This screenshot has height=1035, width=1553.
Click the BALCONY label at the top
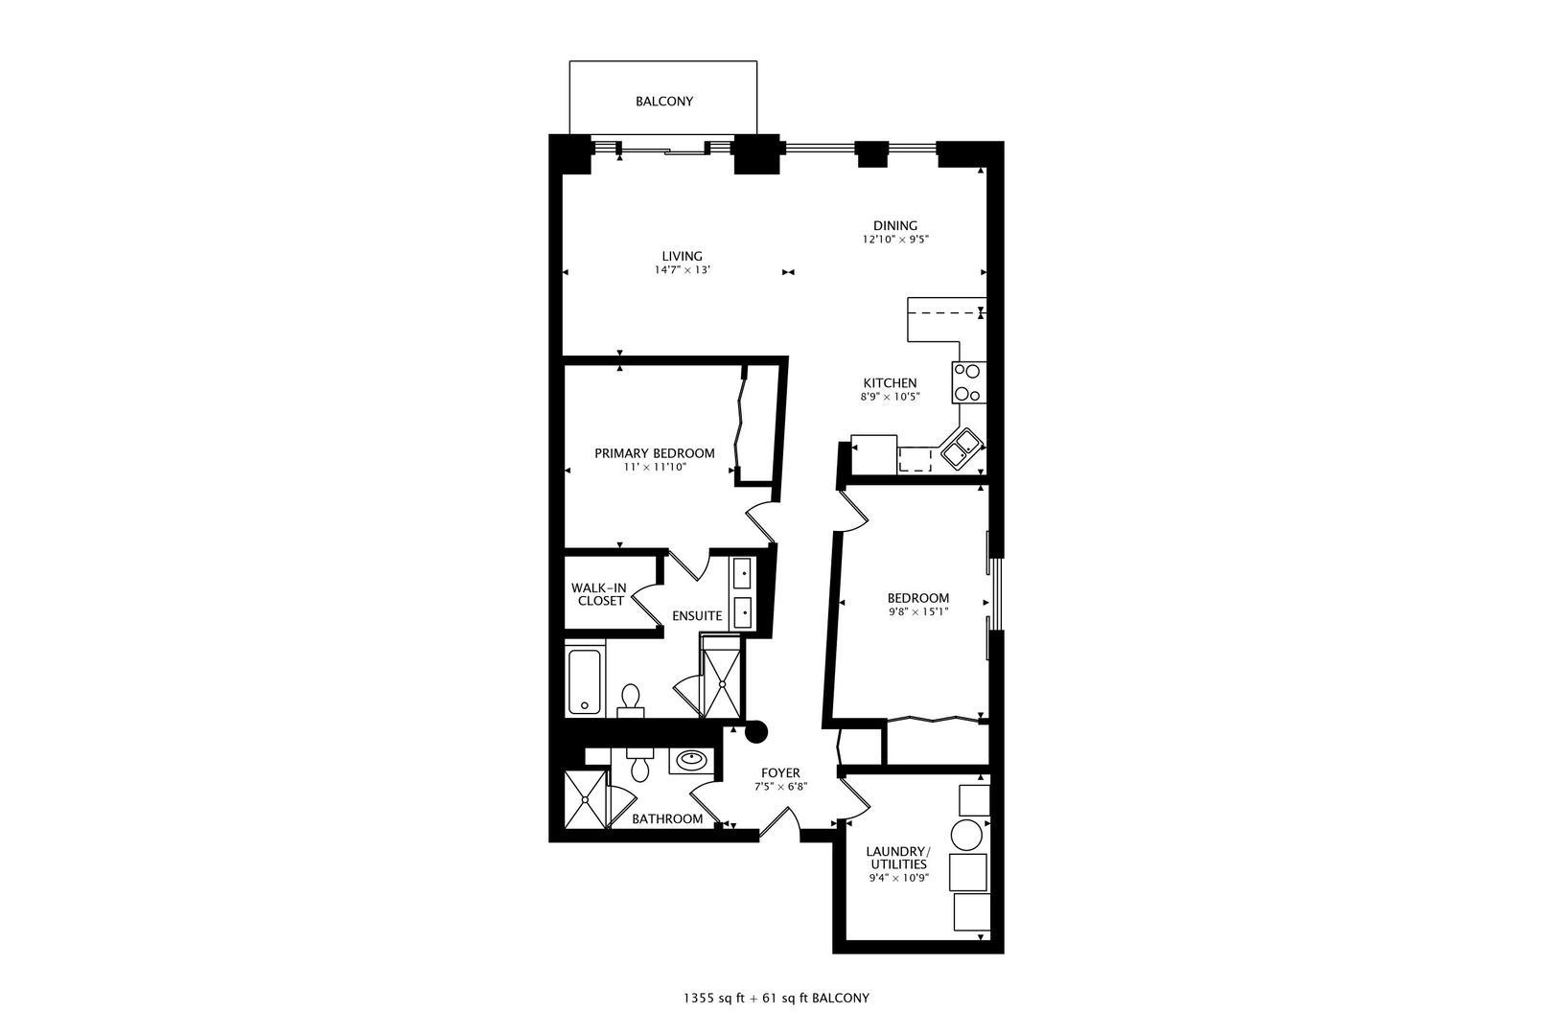click(x=663, y=101)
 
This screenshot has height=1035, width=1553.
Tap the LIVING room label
click(x=682, y=256)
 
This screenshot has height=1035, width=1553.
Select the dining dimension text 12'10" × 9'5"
click(x=895, y=240)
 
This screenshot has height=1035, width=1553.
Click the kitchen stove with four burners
click(x=967, y=381)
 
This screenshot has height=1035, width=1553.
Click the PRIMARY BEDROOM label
click(x=654, y=453)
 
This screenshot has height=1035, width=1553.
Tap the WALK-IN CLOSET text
click(x=600, y=594)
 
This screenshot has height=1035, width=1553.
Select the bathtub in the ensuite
click(x=584, y=680)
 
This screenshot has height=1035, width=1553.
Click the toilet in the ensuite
click(x=631, y=699)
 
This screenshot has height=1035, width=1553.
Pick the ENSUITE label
click(x=697, y=615)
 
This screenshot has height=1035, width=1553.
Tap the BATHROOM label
click(x=667, y=818)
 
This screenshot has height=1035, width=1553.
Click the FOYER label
click(x=780, y=772)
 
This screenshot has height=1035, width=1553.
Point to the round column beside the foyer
click(x=756, y=732)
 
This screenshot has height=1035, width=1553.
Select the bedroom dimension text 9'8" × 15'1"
click(x=918, y=611)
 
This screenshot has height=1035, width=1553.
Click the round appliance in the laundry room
click(x=966, y=836)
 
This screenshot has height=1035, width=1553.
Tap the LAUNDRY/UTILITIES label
click(x=897, y=858)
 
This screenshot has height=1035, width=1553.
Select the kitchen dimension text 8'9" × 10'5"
click(x=891, y=397)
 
